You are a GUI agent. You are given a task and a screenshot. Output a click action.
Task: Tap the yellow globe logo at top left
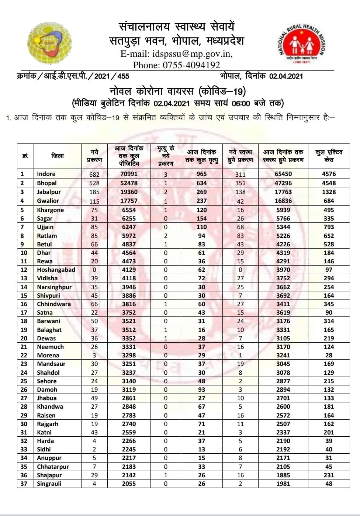click(49, 43)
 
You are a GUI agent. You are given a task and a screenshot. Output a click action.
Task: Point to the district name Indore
click(46, 174)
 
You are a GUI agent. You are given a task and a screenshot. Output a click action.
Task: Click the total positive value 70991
click(129, 174)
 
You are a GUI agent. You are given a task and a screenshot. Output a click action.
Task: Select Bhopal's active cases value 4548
click(329, 183)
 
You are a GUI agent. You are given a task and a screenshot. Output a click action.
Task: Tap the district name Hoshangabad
click(56, 270)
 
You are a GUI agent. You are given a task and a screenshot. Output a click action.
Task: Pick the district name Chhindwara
click(54, 304)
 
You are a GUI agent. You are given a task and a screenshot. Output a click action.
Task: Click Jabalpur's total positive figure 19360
click(129, 192)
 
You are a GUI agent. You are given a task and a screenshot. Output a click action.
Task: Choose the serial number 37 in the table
click(24, 484)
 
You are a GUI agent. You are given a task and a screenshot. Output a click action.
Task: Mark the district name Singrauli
click(49, 484)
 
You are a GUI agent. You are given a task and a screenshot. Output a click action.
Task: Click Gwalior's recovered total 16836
click(284, 201)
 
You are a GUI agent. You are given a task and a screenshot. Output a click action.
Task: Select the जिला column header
click(58, 156)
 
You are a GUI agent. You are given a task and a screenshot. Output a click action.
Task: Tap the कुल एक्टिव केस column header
click(329, 156)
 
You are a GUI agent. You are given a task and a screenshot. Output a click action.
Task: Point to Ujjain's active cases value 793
click(329, 227)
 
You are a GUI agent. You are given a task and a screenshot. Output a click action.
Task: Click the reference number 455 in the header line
click(123, 76)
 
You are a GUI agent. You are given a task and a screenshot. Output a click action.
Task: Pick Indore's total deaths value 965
click(201, 174)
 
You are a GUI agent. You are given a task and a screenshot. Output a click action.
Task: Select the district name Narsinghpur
click(54, 287)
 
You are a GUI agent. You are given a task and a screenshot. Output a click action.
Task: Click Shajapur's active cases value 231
click(329, 475)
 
